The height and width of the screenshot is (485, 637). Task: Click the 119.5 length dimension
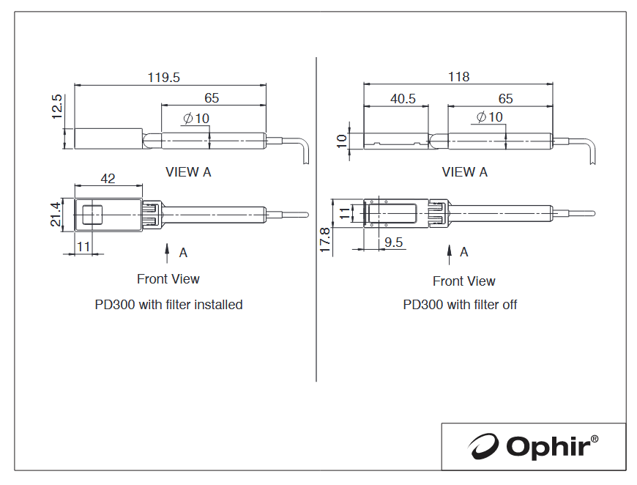(164, 77)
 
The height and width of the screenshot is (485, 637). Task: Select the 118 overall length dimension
(458, 76)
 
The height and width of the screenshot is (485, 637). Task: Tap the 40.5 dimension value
(403, 98)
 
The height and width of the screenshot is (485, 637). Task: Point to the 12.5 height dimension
(57, 106)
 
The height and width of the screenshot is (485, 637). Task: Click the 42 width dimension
(108, 179)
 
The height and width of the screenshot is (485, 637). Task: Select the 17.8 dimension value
(325, 240)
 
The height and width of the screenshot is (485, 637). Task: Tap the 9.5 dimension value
(394, 242)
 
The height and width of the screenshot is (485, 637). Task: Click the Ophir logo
(532, 446)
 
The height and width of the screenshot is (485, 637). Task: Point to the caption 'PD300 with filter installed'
(168, 305)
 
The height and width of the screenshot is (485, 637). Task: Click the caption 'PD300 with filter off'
(460, 305)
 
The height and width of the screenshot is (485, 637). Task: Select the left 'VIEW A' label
(188, 172)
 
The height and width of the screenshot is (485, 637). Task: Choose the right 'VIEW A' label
(465, 172)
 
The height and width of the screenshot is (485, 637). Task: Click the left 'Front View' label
(168, 279)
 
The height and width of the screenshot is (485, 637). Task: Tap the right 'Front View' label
(464, 281)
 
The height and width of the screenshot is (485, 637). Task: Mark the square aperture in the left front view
(92, 215)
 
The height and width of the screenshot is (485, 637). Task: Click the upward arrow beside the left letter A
(166, 253)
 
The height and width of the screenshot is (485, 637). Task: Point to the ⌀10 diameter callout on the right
(490, 117)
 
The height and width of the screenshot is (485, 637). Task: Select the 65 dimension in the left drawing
(212, 98)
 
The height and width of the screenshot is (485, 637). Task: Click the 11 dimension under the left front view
(83, 246)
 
